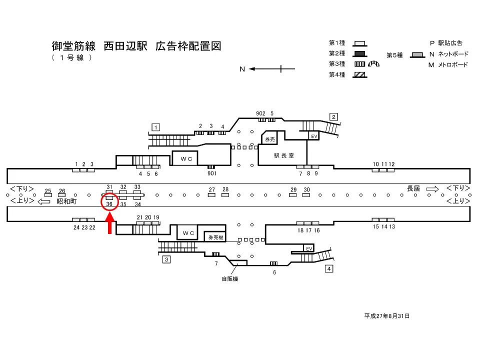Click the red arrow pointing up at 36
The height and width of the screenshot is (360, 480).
tap(110, 222)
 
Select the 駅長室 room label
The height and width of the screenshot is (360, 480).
tap(282, 155)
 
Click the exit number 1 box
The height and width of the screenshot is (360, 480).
tap(156, 127)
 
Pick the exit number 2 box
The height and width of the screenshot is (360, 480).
tap(333, 117)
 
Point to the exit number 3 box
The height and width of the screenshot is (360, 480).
tap(166, 259)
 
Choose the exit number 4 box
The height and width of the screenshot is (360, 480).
tap(329, 269)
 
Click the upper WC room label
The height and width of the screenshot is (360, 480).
tap(186, 158)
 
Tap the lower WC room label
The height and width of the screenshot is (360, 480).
tap(188, 233)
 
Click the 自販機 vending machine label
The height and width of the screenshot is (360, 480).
tap(230, 279)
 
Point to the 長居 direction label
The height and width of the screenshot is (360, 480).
tap(413, 188)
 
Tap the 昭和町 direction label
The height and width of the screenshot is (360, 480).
tap(66, 201)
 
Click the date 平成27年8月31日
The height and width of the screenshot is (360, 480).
tap(387, 316)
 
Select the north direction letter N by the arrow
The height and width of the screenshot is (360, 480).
tap(242, 69)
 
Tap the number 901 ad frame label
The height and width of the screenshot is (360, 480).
tap(211, 173)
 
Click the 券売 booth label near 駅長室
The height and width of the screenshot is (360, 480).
tap(270, 139)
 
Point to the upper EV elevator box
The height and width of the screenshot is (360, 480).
tap(314, 136)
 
